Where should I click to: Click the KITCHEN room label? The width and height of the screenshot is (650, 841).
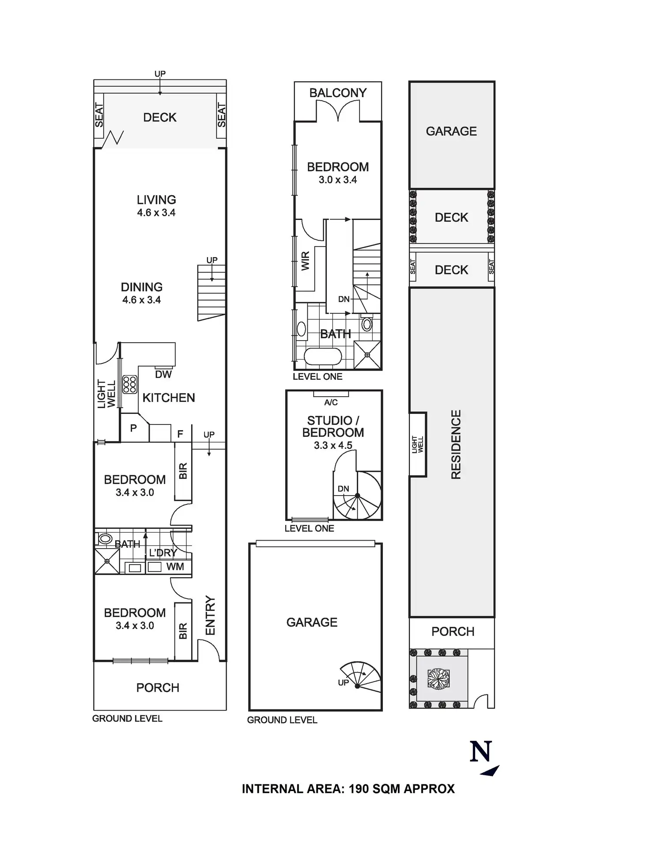tap(169, 398)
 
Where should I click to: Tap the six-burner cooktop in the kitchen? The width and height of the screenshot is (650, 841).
tap(129, 385)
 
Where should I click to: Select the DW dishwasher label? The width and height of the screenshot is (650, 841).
tap(163, 375)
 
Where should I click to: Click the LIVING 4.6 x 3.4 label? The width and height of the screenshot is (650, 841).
tap(156, 206)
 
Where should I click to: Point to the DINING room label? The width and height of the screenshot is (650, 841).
tap(142, 287)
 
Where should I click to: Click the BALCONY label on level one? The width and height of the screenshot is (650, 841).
tap(338, 93)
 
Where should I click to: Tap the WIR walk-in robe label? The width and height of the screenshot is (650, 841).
tap(306, 261)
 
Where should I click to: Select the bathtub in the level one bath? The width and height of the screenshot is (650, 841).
tap(323, 357)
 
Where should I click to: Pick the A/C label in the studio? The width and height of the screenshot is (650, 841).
tap(331, 402)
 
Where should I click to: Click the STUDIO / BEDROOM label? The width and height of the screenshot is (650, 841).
tap(333, 427)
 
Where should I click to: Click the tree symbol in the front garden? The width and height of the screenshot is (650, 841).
tap(438, 678)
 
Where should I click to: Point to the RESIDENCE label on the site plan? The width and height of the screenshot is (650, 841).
tap(456, 444)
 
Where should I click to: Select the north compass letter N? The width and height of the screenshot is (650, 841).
tap(481, 751)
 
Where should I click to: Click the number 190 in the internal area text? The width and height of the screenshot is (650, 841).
tap(359, 789)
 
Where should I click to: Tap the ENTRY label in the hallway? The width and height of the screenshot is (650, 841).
tap(210, 616)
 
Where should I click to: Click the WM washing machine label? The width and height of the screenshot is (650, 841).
tap(175, 567)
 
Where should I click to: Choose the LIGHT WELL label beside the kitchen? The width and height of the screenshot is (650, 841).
tap(106, 394)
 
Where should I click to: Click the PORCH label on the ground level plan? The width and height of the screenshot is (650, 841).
tap(158, 688)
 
